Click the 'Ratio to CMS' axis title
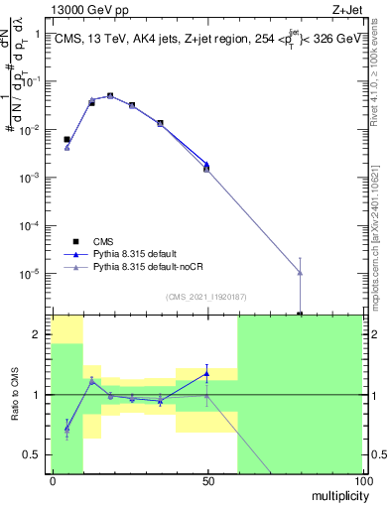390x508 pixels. pyautogui.click(x=16, y=393)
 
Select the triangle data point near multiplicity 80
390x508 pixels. pyautogui.click(x=300, y=272)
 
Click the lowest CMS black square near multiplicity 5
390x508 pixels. pyautogui.click(x=66, y=140)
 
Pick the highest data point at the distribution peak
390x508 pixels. pyautogui.click(x=110, y=96)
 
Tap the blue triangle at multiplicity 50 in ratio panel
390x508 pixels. pyautogui.click(x=206, y=373)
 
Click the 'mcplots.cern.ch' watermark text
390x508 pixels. pyautogui.click(x=380, y=258)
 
